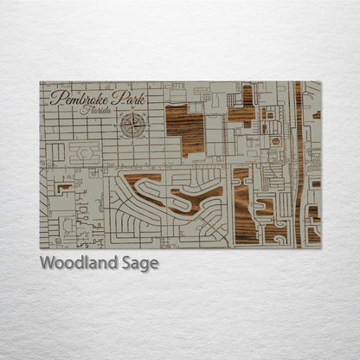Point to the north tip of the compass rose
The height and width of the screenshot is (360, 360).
click(133, 113)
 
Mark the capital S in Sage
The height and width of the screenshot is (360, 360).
click(130, 262)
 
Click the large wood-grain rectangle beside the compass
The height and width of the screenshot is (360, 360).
click(184, 130)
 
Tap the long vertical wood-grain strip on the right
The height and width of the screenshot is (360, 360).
click(299, 164)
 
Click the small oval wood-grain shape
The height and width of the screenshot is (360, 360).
click(275, 141)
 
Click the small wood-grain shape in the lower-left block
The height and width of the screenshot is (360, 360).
click(64, 186)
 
